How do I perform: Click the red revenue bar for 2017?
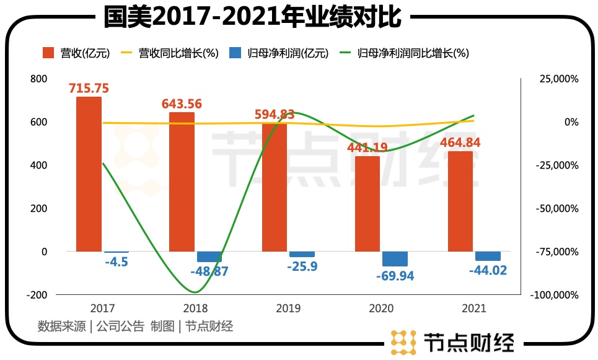(x=89, y=174)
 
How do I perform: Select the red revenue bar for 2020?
(x=367, y=204)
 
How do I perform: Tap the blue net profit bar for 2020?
(x=395, y=259)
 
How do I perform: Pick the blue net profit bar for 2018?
(x=209, y=257)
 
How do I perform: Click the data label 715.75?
(x=89, y=89)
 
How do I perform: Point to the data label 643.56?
(x=182, y=104)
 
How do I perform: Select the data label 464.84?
(x=460, y=143)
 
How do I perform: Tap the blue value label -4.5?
(x=116, y=262)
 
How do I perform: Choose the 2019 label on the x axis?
(x=289, y=308)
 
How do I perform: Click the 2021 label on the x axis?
(x=474, y=308)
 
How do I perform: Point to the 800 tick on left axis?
(x=38, y=79)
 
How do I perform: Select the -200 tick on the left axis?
(x=37, y=295)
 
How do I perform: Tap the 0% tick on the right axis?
(x=571, y=123)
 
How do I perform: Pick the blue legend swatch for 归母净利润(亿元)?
(x=235, y=53)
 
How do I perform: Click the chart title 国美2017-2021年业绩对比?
(x=253, y=17)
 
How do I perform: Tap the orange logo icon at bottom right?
(x=403, y=342)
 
